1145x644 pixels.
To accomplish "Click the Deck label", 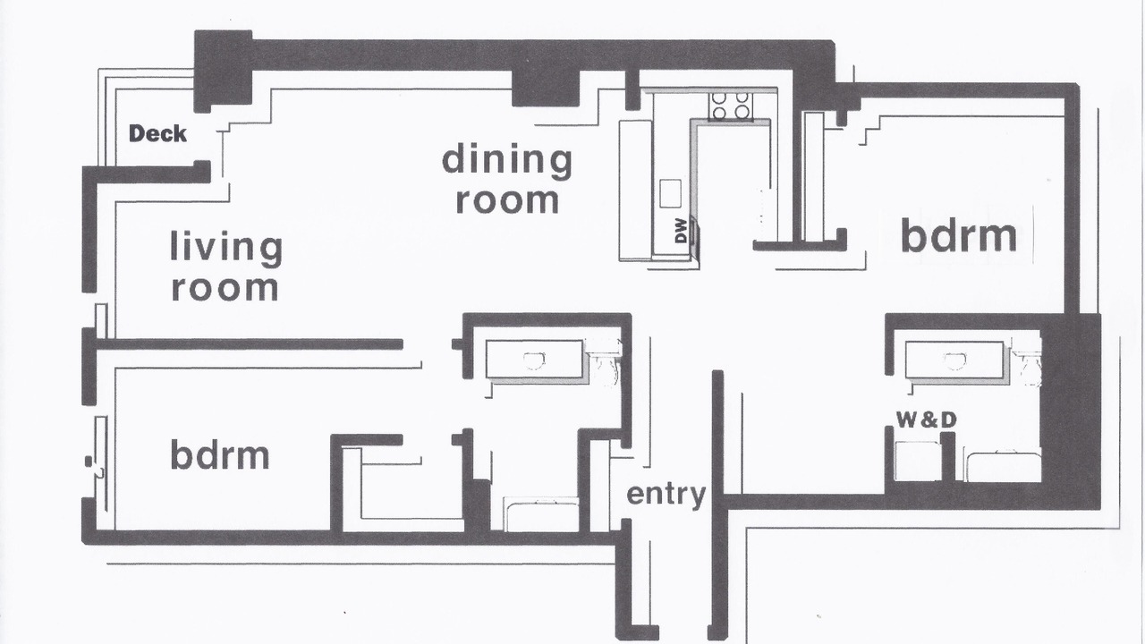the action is [x=157, y=134].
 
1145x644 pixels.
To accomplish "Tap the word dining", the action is [x=506, y=160].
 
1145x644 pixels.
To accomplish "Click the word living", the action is [x=226, y=249].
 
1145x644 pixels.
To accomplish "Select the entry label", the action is [x=666, y=495].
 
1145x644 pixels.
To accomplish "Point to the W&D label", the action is [x=926, y=420].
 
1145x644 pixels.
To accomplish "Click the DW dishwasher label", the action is [x=681, y=231].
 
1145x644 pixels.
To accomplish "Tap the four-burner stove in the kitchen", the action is [x=730, y=106].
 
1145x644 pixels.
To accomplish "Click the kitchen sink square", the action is [x=670, y=193].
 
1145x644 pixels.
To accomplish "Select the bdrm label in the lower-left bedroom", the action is [x=219, y=454].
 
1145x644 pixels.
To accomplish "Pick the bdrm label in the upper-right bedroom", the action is [x=958, y=235].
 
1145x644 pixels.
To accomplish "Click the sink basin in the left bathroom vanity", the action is [x=534, y=360].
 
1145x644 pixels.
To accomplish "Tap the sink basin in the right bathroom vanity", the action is [x=954, y=360].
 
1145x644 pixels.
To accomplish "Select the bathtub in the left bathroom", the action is [x=541, y=513].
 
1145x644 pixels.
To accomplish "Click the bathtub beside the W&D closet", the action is [x=1003, y=465].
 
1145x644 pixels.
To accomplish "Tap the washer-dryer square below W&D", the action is [x=918, y=462].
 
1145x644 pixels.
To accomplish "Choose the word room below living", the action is [x=225, y=288].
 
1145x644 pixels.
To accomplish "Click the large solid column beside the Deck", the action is [x=224, y=70].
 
